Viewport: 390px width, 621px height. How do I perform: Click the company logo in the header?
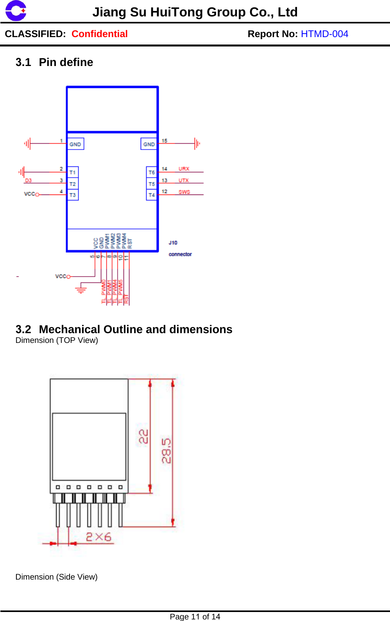[x=16, y=11]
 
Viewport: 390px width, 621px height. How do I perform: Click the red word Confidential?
[x=100, y=34]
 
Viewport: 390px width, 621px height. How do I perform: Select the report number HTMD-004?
[x=324, y=34]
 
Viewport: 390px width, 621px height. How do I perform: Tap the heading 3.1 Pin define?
[x=54, y=62]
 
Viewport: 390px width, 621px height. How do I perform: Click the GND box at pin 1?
[x=75, y=144]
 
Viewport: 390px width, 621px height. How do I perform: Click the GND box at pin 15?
[x=149, y=144]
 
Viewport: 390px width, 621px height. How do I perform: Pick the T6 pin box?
[x=152, y=172]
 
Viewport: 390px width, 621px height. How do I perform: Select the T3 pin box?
[x=73, y=195]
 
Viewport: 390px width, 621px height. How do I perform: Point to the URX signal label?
[x=184, y=169]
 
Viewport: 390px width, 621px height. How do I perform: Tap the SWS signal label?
[x=184, y=192]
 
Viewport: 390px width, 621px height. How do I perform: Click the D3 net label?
[x=29, y=180]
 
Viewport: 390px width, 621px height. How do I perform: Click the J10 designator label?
[x=173, y=243]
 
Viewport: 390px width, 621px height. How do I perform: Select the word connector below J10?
[x=180, y=254]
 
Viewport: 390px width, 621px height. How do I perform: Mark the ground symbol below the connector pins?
[x=81, y=290]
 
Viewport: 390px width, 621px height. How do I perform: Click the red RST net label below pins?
[x=126, y=299]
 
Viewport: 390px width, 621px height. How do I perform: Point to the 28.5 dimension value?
[x=166, y=451]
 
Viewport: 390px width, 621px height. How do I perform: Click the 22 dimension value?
[x=143, y=436]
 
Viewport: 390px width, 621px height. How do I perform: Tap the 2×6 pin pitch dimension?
[x=98, y=537]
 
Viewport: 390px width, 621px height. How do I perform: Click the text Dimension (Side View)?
[x=57, y=577]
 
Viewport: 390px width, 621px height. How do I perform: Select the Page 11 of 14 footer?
[x=195, y=617]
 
